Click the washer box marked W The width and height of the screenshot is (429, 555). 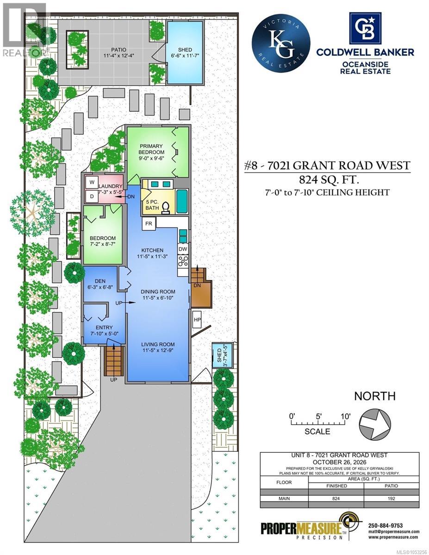tap(92, 182)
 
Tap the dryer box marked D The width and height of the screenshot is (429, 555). tap(92, 197)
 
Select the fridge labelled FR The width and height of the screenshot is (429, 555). tap(149, 224)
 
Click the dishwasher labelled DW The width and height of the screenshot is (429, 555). tap(183, 249)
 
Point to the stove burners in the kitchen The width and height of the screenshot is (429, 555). tap(183, 261)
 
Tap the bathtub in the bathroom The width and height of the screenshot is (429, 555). tap(182, 202)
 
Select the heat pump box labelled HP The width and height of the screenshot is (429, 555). tap(197, 320)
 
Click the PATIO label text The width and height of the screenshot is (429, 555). tap(118, 50)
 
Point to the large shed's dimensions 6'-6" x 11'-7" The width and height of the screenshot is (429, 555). tap(185, 55)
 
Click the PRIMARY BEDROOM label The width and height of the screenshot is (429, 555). tap(151, 149)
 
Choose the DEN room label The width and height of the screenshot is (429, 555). tap(100, 281)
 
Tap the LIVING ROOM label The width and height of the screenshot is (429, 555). tap(158, 344)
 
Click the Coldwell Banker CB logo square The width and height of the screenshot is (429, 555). tap(366, 28)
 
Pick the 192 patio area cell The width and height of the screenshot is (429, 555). tap(391, 498)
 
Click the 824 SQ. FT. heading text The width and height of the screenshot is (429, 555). tap(329, 180)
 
